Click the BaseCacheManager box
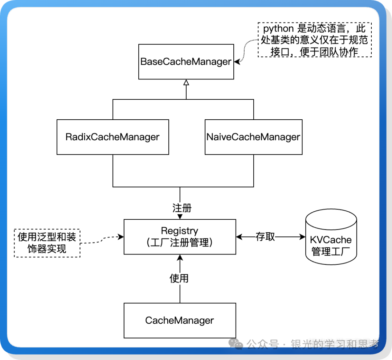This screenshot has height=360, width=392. click(186, 62)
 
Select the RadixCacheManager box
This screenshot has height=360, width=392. click(113, 137)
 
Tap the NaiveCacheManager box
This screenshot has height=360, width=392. click(253, 137)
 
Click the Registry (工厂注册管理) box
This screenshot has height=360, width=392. click(180, 237)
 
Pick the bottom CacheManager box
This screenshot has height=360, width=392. click(180, 320)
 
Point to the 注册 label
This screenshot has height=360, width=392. click(181, 208)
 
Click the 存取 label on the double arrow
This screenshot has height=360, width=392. click(265, 237)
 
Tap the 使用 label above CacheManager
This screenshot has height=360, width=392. click(179, 278)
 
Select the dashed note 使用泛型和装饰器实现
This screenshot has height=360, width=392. click(47, 243)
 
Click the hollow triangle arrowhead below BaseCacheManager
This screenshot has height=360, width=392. click(186, 82)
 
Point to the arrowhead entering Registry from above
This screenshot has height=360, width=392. click(180, 216)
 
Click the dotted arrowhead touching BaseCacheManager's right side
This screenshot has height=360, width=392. click(237, 62)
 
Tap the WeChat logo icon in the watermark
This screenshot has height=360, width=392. click(238, 344)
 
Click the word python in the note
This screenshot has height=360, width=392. click(278, 29)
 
